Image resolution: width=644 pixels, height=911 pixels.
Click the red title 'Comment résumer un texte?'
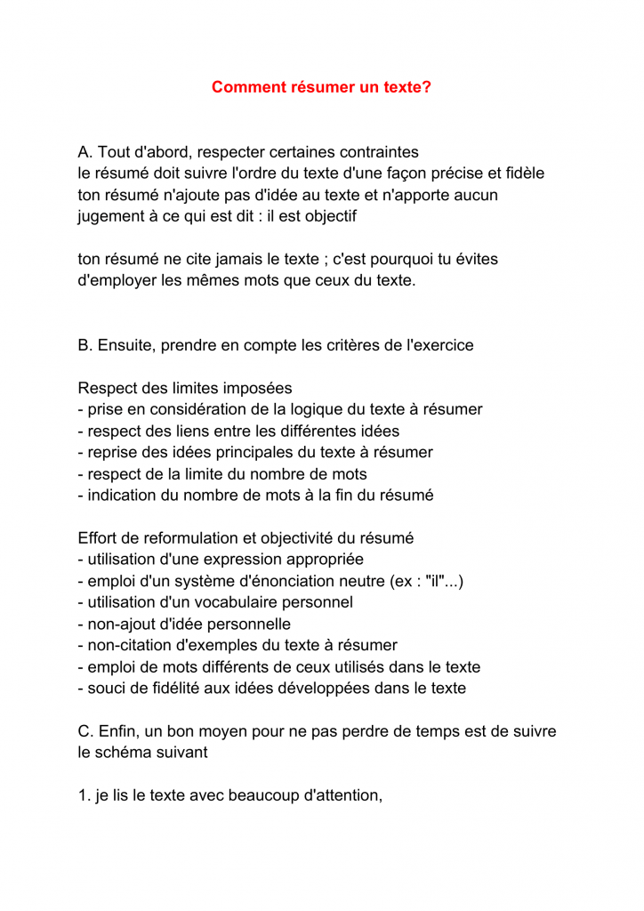(321, 87)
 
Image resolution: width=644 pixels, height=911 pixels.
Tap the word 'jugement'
(112, 216)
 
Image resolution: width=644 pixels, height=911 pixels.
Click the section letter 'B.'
(86, 345)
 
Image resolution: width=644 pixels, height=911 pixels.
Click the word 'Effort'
(99, 538)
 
